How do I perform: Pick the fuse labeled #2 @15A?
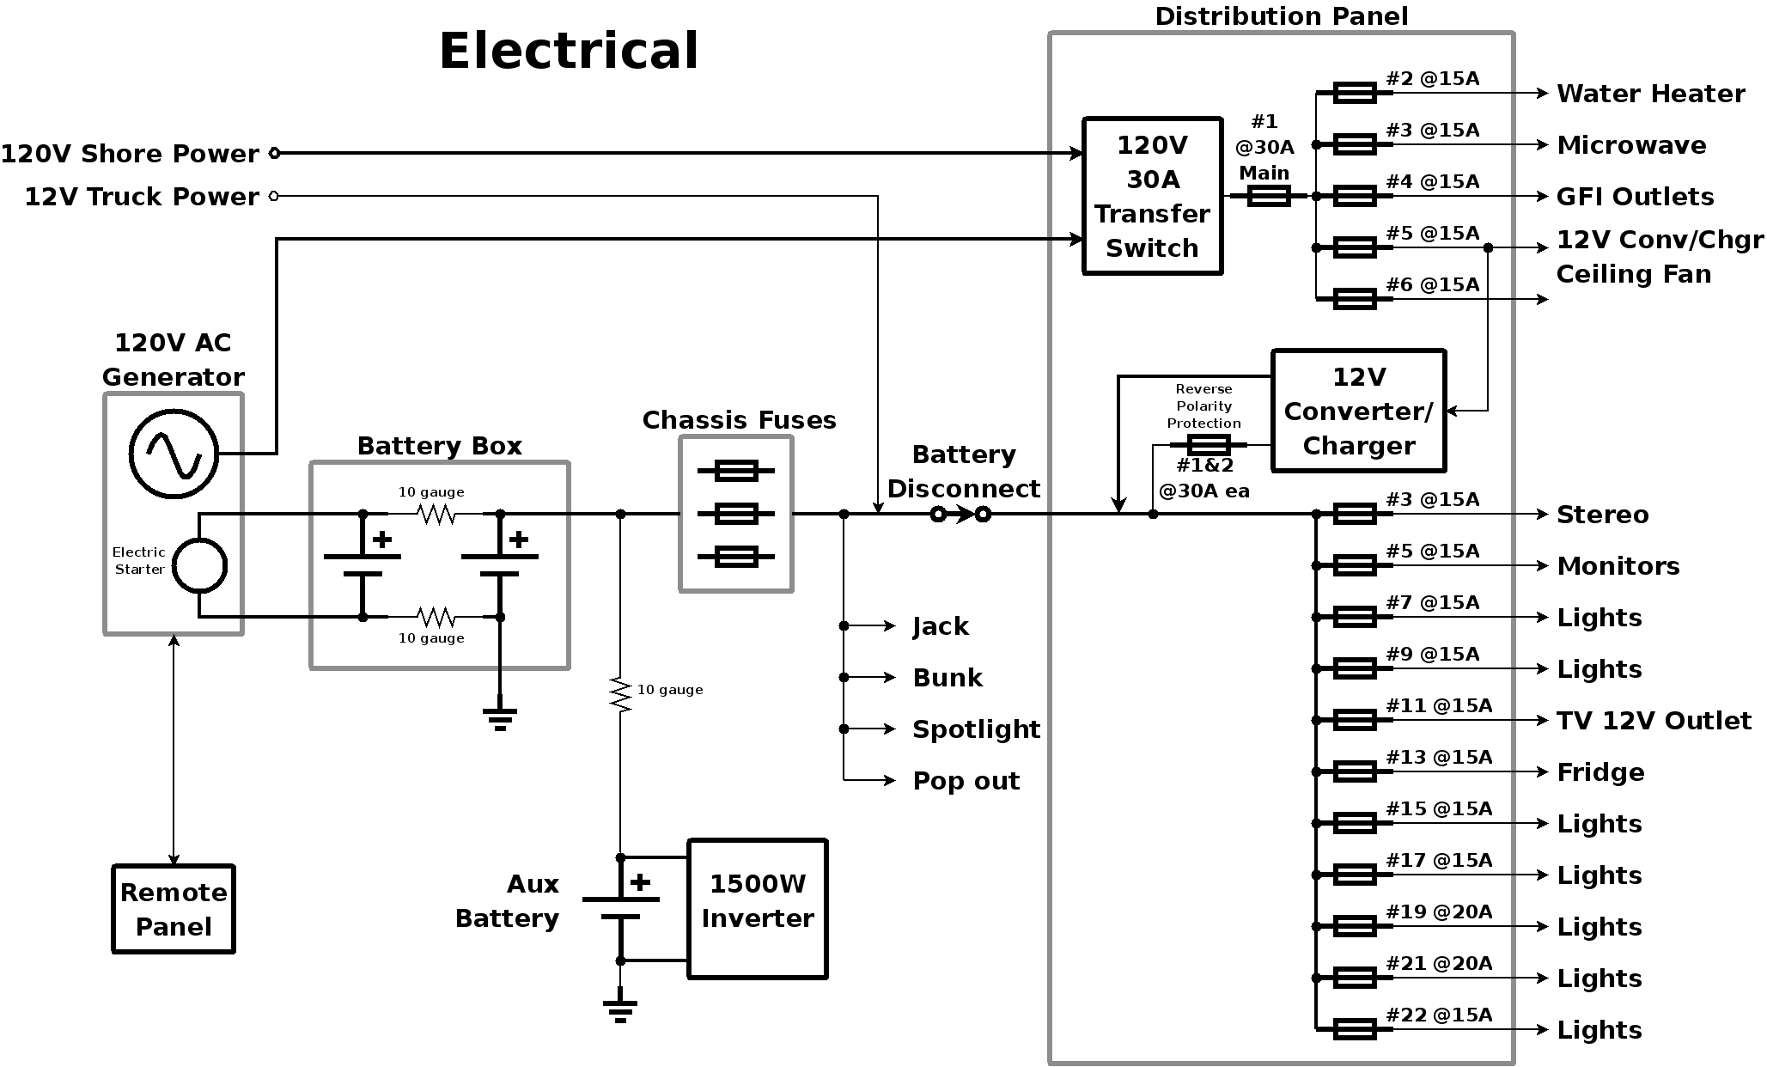point(1355,93)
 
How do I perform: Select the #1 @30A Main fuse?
point(1269,196)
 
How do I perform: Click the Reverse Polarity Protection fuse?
point(1209,445)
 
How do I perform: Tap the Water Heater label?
point(1650,94)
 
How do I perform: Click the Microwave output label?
point(1631,145)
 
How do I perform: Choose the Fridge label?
point(1600,772)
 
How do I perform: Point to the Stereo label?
point(1603,515)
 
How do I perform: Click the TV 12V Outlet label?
point(1654,721)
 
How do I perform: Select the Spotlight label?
point(976,729)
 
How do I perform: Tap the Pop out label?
point(966,781)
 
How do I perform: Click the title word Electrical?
point(569,50)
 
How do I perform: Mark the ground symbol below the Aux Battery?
point(620,1010)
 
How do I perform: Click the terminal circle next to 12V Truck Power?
point(274,196)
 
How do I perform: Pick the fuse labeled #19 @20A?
point(1355,926)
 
